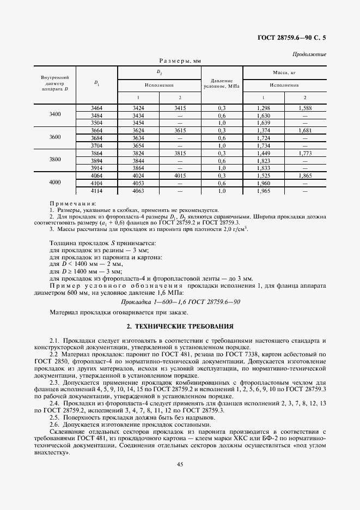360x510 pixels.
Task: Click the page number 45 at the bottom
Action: click(x=179, y=464)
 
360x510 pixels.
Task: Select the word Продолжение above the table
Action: click(x=309, y=54)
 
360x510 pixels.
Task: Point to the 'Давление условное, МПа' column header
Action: click(x=222, y=83)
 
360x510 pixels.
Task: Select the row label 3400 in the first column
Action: click(x=55, y=115)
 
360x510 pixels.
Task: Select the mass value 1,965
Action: click(x=264, y=192)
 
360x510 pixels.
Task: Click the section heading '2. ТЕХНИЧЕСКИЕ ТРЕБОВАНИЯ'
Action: click(x=180, y=326)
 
